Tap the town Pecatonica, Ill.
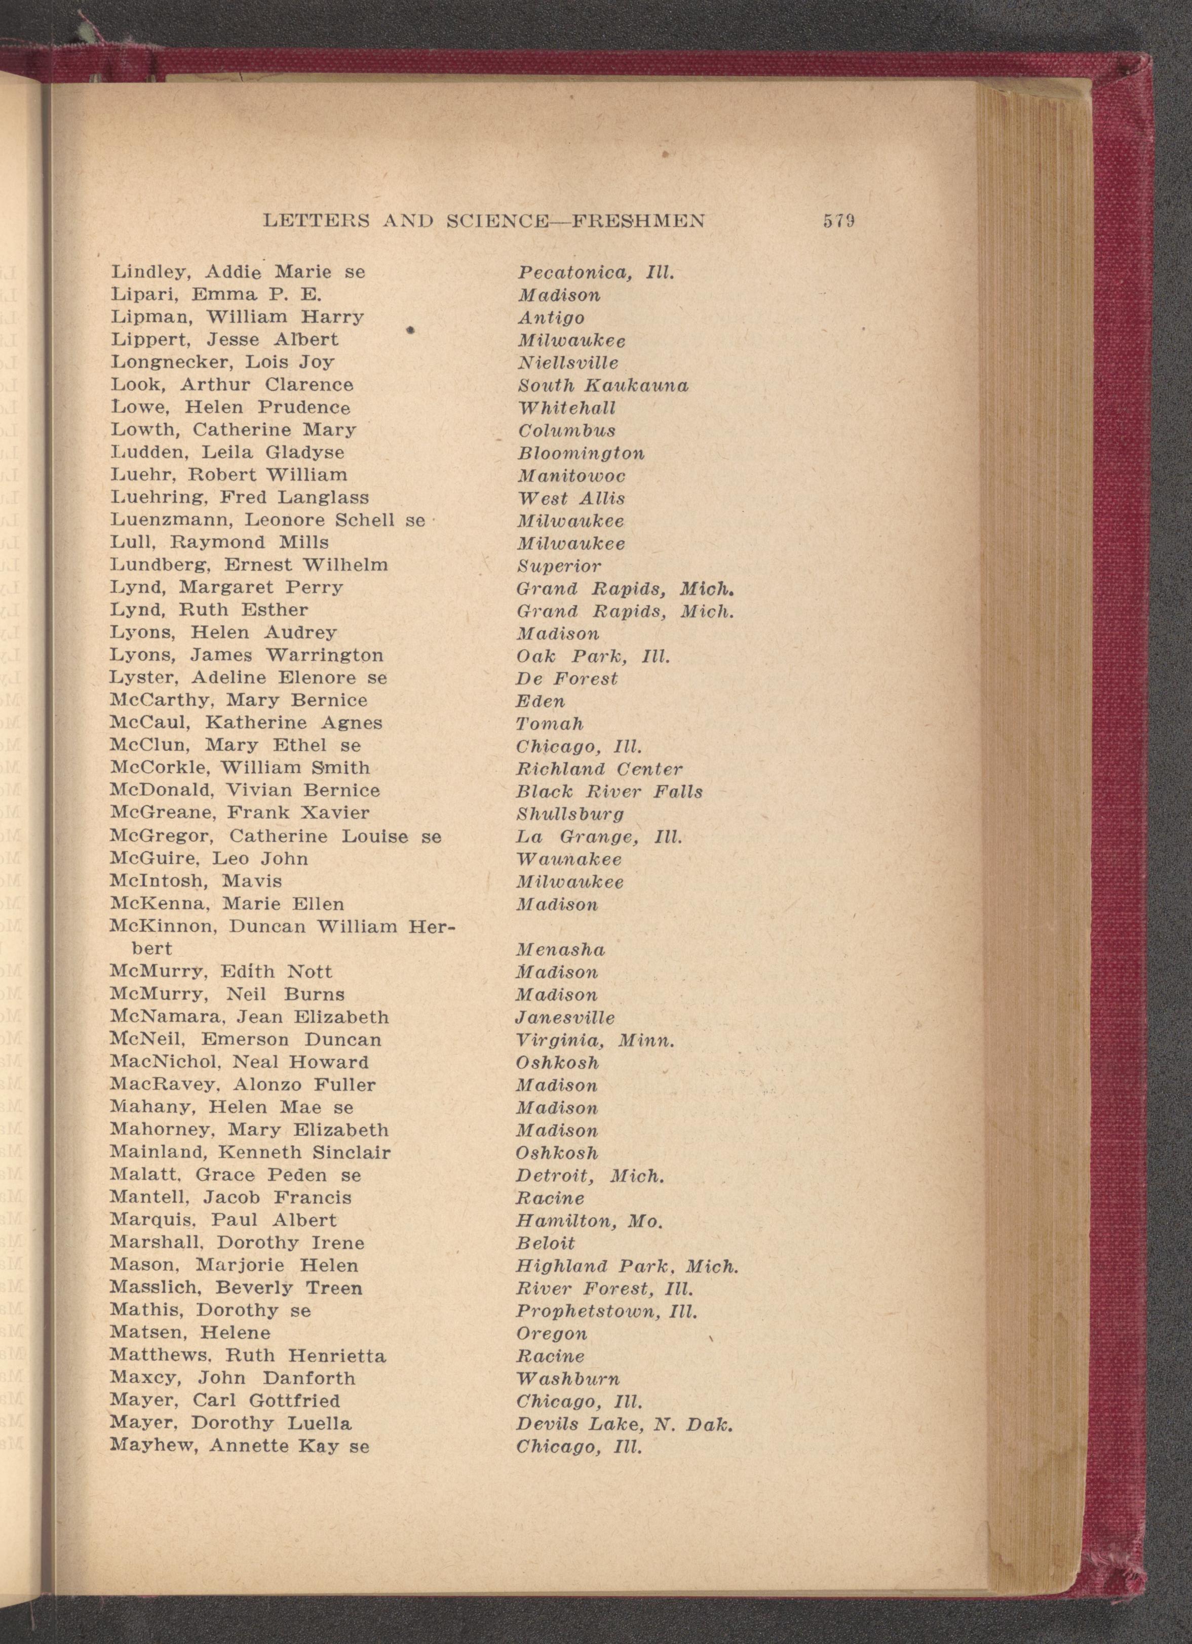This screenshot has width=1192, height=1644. coord(595,273)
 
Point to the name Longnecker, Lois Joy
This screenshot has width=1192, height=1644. coord(222,363)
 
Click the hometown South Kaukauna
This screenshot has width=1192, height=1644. coord(602,386)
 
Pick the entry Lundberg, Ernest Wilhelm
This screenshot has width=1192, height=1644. coord(249,565)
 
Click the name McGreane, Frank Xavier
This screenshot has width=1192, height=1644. coord(239,813)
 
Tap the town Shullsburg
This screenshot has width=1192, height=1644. coord(569,815)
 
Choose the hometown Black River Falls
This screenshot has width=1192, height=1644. coord(609,791)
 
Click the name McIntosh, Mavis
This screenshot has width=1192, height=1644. coord(196,881)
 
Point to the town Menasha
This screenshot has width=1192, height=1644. coord(560,949)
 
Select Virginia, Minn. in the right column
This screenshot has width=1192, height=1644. coord(595,1041)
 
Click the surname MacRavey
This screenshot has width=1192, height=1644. coord(153,1085)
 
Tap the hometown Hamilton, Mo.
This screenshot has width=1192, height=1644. coord(589,1221)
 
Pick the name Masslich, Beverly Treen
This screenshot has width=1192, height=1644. coord(236,1288)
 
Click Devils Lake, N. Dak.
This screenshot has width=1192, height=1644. coord(624,1424)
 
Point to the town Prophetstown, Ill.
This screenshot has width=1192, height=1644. coord(606,1312)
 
